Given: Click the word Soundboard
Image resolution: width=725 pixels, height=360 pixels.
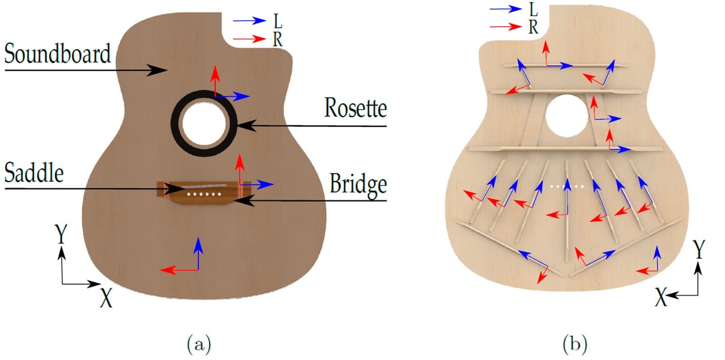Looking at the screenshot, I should [58, 53].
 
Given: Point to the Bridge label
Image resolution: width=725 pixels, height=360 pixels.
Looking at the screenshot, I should [358, 184].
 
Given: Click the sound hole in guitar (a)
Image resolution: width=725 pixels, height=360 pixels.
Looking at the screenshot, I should [204, 123].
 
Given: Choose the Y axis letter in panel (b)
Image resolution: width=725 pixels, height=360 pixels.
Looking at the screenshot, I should [699, 250].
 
